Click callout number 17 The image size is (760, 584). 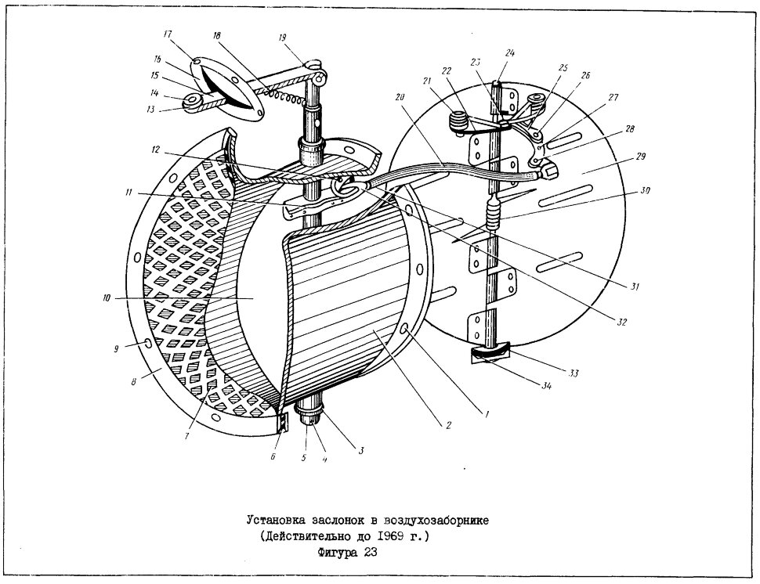point(168,34)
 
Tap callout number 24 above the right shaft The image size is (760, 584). point(509,53)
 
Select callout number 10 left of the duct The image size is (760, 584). point(107,298)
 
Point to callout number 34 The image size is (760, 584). point(546,386)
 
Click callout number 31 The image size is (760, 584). point(635,287)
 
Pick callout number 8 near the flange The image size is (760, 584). point(134,381)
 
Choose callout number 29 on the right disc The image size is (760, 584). point(640,157)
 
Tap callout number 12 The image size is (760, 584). point(155,150)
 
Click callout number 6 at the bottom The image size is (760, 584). point(273,456)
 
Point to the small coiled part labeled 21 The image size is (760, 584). point(458,121)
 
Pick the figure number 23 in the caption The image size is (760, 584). point(370,552)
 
